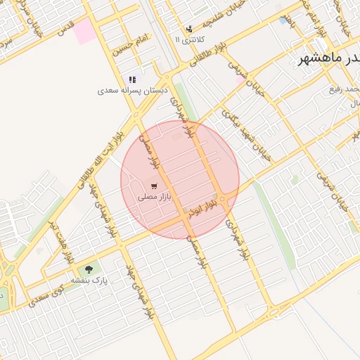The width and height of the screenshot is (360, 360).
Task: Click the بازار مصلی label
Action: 151,199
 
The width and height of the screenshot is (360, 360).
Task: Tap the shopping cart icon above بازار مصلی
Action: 153,187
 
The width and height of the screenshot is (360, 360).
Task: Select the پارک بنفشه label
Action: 87,280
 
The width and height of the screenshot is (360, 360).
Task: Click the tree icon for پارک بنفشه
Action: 89,269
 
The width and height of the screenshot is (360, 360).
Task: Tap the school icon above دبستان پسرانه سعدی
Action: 132,79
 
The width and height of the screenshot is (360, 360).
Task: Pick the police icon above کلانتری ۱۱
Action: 188,29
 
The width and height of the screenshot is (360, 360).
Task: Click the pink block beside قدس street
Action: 84,32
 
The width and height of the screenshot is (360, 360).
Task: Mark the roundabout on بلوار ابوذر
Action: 222,200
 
